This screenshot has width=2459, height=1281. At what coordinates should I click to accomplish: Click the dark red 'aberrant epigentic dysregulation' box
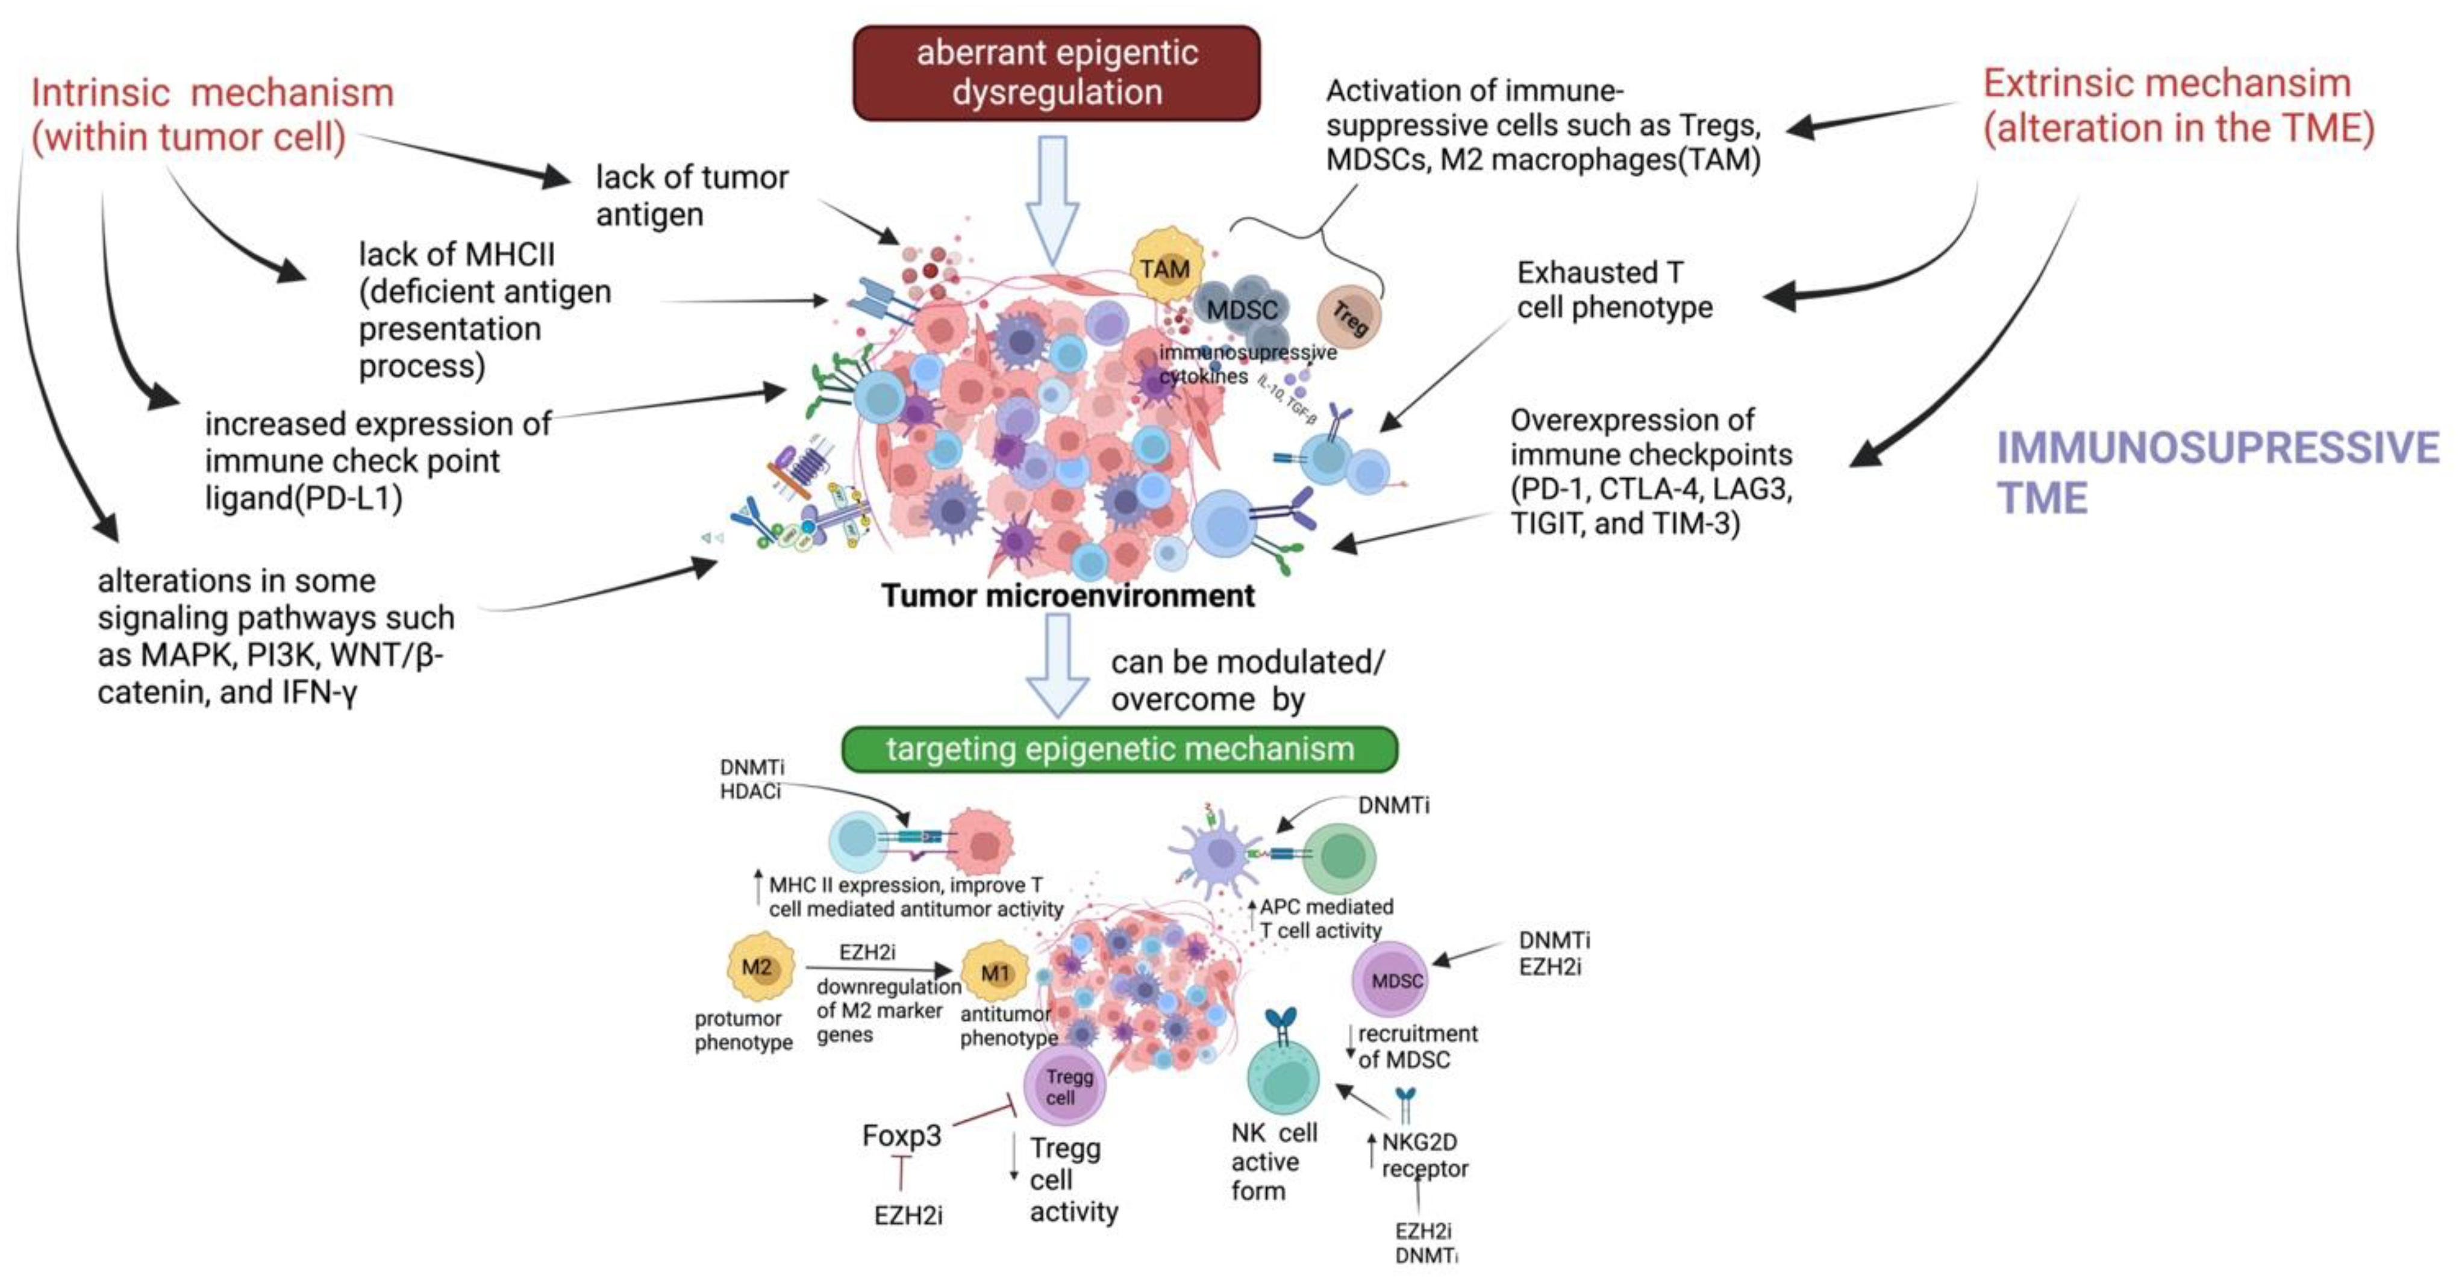point(1056,72)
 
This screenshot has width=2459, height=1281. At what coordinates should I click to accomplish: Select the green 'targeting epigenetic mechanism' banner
point(1119,749)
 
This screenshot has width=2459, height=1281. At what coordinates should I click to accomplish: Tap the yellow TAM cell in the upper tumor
point(1164,268)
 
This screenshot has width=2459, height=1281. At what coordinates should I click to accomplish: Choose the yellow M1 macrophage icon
point(995,974)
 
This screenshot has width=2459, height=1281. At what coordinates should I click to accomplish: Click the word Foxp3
point(901,1135)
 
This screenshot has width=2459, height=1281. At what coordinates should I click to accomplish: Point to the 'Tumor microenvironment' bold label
point(1067,596)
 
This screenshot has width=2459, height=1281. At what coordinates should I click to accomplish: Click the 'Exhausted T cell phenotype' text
point(1613,290)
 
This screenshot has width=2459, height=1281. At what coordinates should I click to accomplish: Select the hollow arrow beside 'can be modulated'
point(1057,664)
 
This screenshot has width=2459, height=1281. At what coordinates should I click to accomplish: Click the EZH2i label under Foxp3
point(908,1215)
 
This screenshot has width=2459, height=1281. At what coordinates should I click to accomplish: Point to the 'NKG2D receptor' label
point(1423,1155)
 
